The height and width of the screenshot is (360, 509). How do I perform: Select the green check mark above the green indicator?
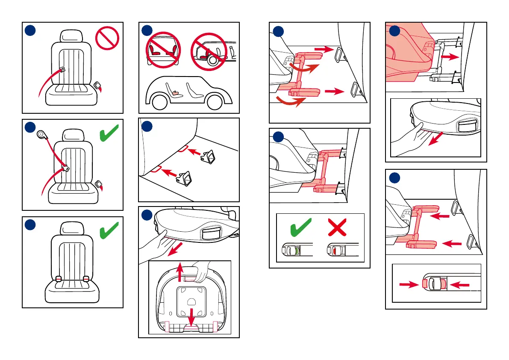pos(301,227)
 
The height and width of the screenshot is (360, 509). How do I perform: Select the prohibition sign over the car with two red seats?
pos(163,51)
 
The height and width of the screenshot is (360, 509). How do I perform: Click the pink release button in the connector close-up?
pos(425,284)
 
